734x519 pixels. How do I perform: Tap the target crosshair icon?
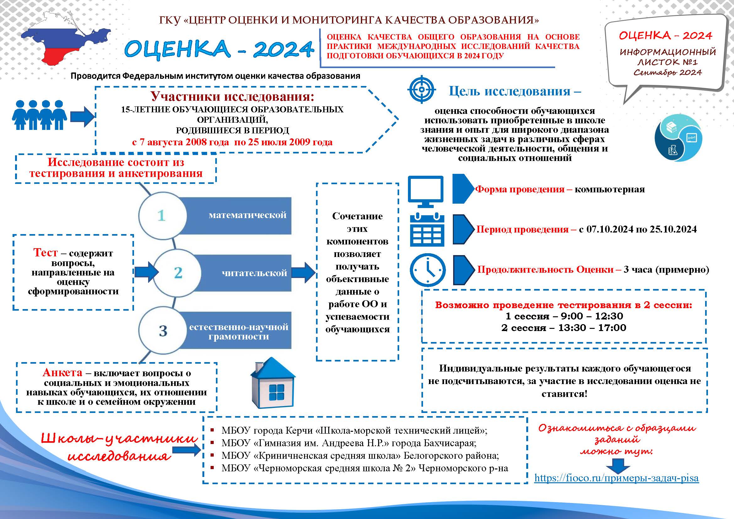(x=422, y=89)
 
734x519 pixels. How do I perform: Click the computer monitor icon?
(x=426, y=191)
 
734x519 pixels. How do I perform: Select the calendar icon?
(x=427, y=230)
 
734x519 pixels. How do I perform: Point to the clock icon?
(x=427, y=270)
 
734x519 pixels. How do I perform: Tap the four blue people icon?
(x=39, y=115)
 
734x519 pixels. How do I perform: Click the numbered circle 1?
(x=162, y=215)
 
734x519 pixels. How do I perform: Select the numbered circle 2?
(x=178, y=273)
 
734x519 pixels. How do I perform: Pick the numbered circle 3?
(x=163, y=331)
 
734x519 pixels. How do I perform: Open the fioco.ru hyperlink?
(x=616, y=478)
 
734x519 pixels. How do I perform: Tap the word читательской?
(x=254, y=273)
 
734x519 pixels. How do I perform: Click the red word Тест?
(x=46, y=253)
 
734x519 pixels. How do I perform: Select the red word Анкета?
(x=62, y=373)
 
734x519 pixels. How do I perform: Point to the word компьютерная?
(x=610, y=189)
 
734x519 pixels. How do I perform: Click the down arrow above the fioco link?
(x=619, y=466)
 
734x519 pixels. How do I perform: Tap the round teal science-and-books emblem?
(x=678, y=138)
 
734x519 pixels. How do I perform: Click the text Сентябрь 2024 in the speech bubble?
(x=667, y=72)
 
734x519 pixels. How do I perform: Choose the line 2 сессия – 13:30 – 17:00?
(x=564, y=328)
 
